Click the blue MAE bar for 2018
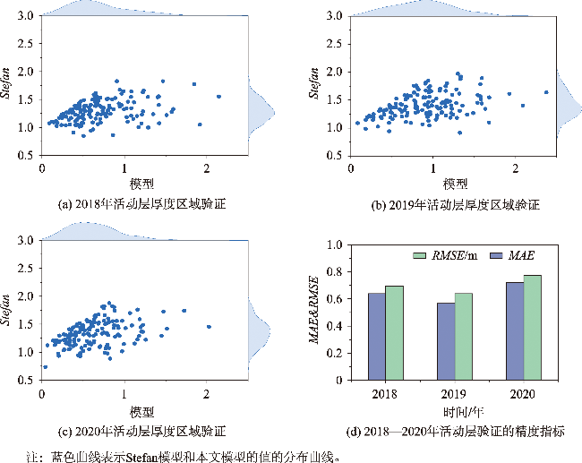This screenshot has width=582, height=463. [x=377, y=336]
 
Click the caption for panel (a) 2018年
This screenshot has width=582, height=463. [x=141, y=204]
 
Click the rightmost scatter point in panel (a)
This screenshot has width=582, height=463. [x=218, y=97]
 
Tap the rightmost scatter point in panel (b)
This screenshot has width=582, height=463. [x=546, y=91]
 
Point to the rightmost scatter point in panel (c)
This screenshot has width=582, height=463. [x=209, y=327]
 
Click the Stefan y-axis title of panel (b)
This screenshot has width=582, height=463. [x=315, y=86]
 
